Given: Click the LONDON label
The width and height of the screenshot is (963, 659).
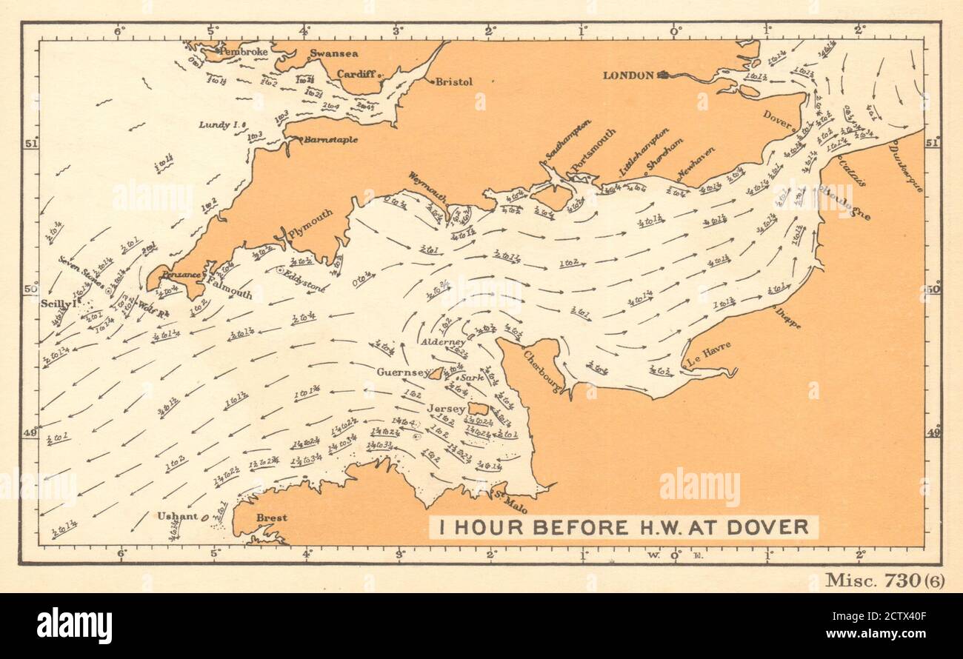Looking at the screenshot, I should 628,75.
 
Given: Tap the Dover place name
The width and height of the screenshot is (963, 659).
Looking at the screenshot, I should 778,115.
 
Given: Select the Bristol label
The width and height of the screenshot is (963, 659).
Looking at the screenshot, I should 453,82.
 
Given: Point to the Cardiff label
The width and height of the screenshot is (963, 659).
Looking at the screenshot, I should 357,73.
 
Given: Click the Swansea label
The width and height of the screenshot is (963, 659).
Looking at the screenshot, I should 334,53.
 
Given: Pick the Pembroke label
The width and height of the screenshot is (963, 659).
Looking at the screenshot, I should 244,53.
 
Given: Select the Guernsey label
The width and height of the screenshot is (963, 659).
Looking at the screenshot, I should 401,372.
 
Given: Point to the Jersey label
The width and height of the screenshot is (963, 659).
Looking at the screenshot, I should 446,409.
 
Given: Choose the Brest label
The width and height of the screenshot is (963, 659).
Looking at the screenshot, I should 271,518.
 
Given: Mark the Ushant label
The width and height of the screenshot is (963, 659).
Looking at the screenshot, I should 177,516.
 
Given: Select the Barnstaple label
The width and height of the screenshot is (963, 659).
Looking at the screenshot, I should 331,139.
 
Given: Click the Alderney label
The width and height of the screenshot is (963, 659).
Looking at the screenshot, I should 443,342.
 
